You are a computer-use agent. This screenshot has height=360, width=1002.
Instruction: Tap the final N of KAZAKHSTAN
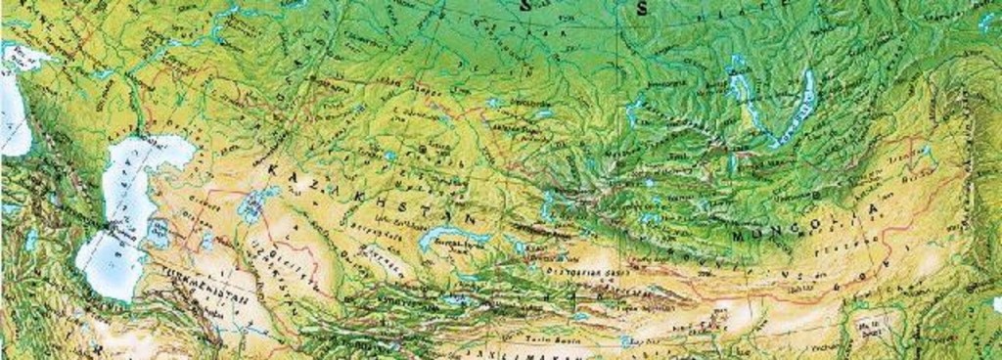click(x=475, y=217)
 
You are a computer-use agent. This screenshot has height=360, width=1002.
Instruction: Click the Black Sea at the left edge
click(x=12, y=108)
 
